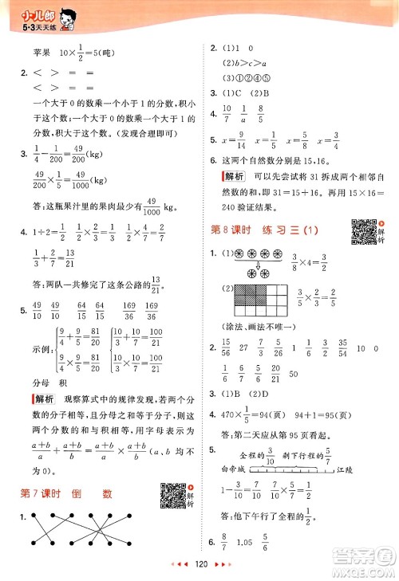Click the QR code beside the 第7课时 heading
[172, 472]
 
